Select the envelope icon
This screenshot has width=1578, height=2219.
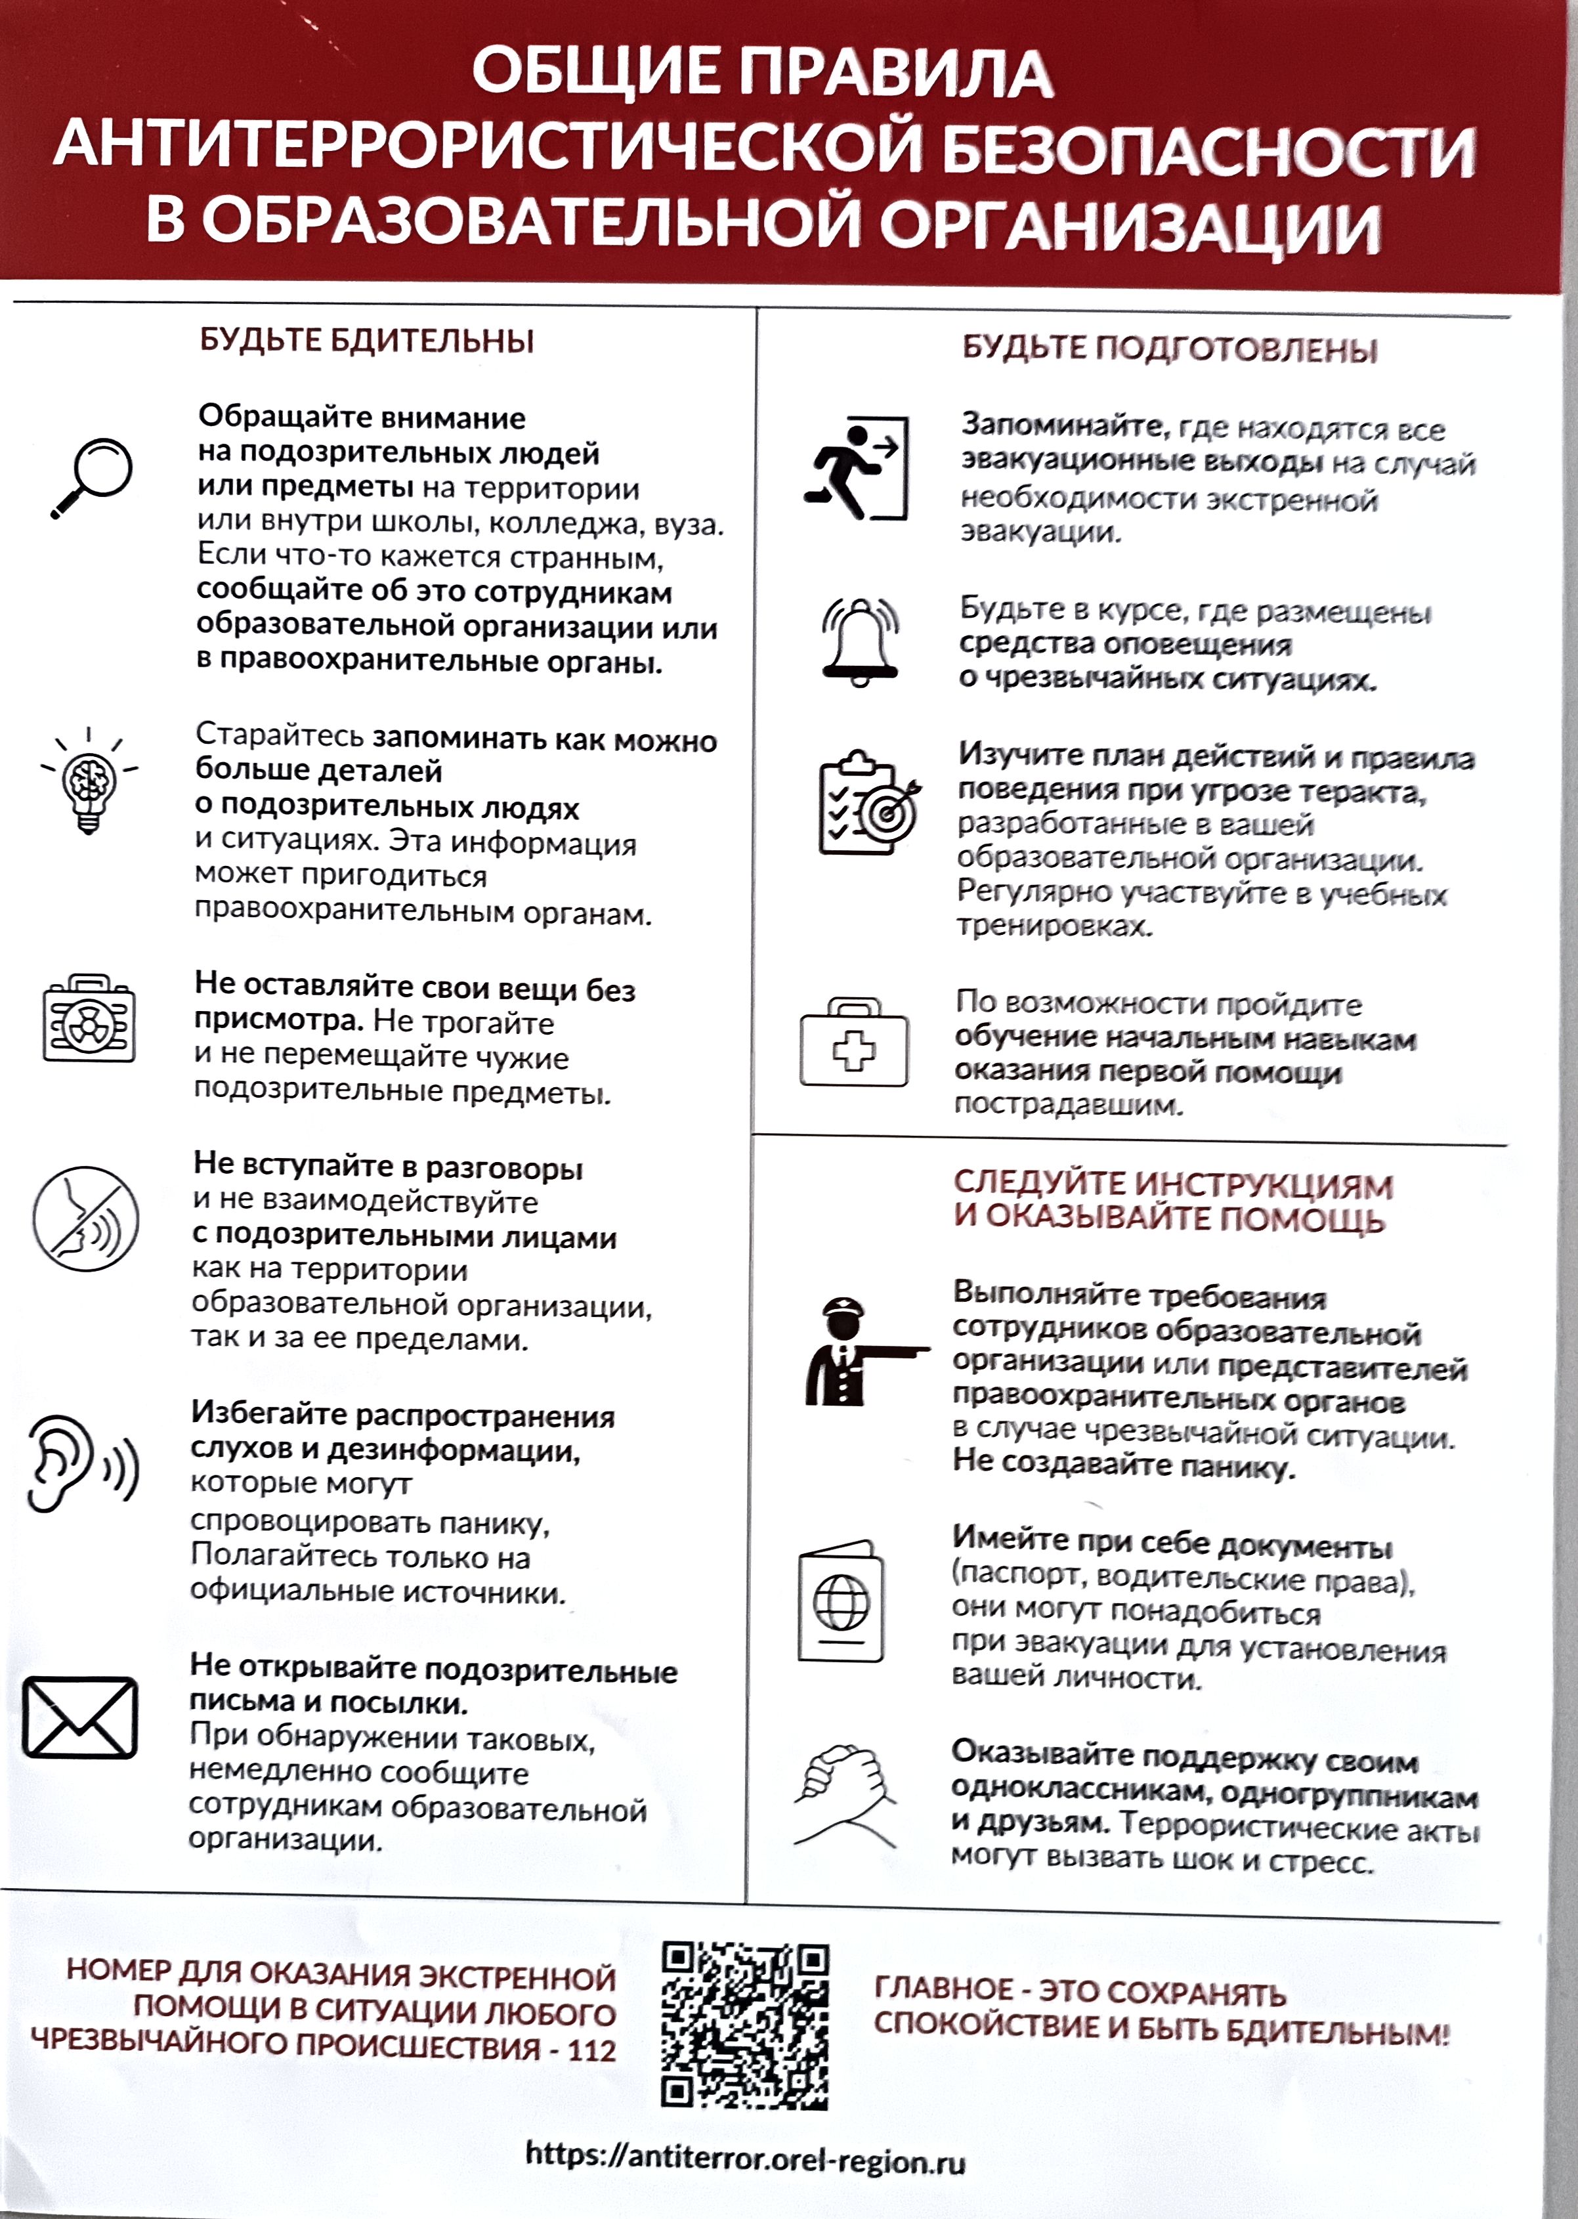click(x=79, y=1717)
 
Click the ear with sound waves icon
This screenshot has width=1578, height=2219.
click(x=81, y=1464)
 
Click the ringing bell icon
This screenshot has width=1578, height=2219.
click(x=860, y=642)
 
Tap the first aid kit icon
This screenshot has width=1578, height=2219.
click(x=854, y=1043)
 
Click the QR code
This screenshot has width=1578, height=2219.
click(x=745, y=2027)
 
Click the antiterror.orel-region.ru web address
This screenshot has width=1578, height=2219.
click(x=745, y=2157)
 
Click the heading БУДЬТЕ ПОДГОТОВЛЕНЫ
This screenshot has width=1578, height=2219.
click(x=1170, y=348)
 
